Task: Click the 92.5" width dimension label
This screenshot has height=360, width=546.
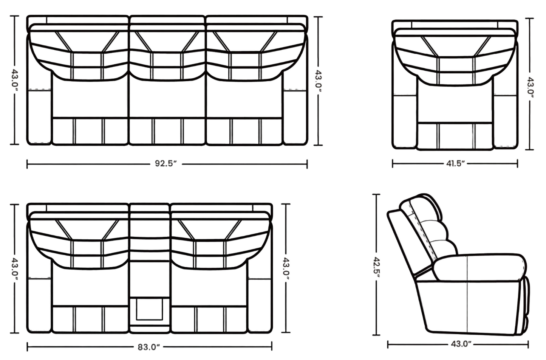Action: (x=166, y=163)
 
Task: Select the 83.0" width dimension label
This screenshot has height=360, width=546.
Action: (x=149, y=347)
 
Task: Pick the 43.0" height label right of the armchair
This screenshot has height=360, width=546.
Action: (x=530, y=88)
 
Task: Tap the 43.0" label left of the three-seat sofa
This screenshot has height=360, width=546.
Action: (x=15, y=80)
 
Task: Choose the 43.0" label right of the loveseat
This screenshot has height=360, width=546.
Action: (x=286, y=268)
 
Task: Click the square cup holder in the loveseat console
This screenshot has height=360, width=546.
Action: (x=149, y=309)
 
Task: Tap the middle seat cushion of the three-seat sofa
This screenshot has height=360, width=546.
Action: (x=167, y=99)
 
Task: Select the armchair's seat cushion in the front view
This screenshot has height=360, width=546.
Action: (x=455, y=104)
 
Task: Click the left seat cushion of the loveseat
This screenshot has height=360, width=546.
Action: (x=90, y=287)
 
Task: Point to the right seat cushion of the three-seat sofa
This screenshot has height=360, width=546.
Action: (x=244, y=99)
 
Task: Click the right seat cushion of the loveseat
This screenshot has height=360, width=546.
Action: (x=209, y=287)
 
